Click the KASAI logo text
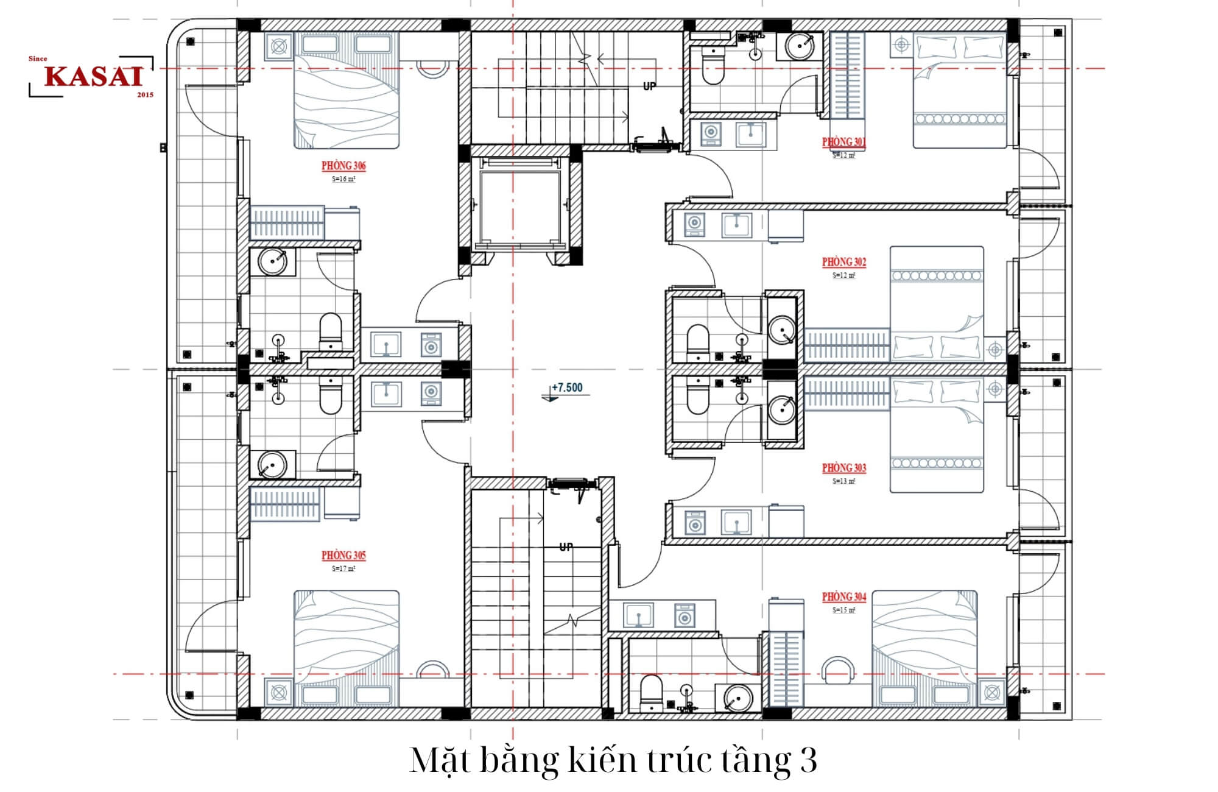(93, 76)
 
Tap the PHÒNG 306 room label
(343, 166)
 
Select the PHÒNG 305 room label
(343, 555)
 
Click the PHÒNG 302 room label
(843, 262)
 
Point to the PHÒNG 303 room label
(843, 468)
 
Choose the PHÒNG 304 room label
(843, 596)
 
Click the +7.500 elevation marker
(566, 388)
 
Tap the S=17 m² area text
(343, 568)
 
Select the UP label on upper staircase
(650, 87)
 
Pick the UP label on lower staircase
(566, 547)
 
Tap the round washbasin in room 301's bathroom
(799, 46)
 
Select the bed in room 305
(347, 646)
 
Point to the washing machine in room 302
(694, 224)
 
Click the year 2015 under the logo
(145, 95)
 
